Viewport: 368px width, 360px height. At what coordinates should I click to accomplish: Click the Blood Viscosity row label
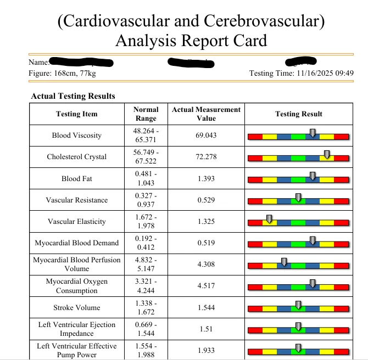76,136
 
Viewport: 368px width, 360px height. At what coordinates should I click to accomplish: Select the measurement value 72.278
206,157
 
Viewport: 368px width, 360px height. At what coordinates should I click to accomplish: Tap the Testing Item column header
76,114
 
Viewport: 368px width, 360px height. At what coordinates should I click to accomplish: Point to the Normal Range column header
146,114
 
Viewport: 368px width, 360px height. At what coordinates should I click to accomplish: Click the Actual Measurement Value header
206,114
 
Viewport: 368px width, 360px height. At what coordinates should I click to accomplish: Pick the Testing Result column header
298,114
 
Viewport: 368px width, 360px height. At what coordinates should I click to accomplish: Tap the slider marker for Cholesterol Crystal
327,155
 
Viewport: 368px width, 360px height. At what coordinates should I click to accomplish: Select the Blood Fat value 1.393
206,179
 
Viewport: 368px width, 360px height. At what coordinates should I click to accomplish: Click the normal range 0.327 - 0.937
146,200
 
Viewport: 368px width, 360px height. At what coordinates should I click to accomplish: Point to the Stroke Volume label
76,308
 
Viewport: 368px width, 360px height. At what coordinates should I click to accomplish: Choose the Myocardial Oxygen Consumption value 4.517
206,286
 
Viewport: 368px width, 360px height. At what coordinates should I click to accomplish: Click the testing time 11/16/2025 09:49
325,74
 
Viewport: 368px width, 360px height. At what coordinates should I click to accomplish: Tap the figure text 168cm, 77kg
73,74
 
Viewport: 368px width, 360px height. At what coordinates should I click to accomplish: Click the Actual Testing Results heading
73,96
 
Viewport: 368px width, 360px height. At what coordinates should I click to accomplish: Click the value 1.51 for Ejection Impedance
206,329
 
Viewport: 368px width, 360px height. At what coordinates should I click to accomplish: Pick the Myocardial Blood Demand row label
76,243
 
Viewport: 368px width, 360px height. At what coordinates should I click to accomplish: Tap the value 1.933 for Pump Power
206,350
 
